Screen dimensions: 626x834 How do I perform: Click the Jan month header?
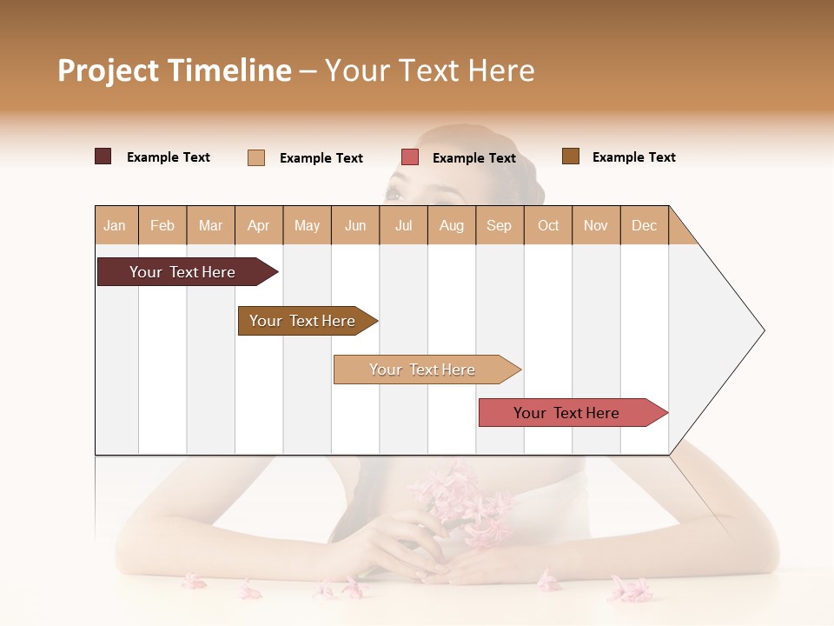[x=115, y=225]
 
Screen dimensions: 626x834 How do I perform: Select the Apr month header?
[x=259, y=225]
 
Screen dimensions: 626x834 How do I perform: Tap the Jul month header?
[x=403, y=225]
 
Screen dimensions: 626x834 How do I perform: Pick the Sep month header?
[x=499, y=225]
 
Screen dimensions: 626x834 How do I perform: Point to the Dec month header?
[x=644, y=225]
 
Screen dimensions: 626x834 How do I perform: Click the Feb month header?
[x=162, y=225]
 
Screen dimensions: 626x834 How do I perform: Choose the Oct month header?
[x=548, y=225]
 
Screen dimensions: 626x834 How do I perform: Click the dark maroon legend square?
[x=103, y=156]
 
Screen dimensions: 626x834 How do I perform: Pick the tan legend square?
[x=256, y=157]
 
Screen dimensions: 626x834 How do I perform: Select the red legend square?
[x=410, y=157]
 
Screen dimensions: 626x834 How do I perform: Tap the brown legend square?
[x=571, y=156]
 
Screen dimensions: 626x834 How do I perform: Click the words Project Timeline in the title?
[x=175, y=70]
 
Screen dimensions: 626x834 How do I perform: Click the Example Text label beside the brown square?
[x=633, y=157]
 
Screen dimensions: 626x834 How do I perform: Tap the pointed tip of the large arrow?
[x=762, y=330]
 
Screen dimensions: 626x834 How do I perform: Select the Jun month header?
[x=355, y=225]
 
